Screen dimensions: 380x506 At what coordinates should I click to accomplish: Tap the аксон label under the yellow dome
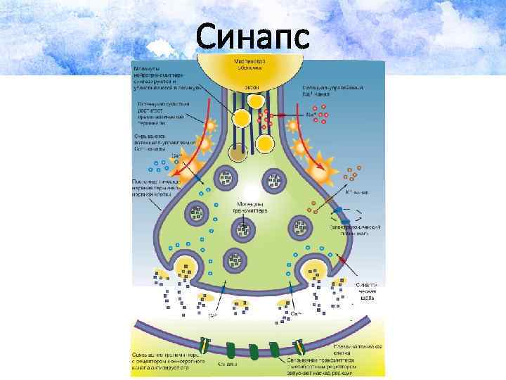(251, 87)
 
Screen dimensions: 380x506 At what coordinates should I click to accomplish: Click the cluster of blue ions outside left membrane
(158, 169)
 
